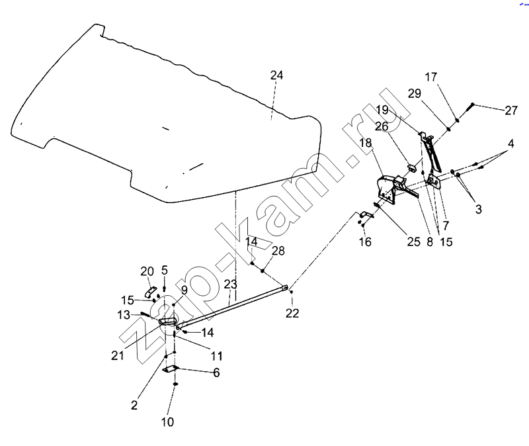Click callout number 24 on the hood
coord(276,76)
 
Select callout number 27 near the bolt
coord(510,111)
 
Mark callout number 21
coord(117,355)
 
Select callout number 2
coord(134,405)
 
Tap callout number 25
coord(413,242)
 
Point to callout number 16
coord(366,242)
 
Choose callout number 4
coord(510,144)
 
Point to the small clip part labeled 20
coord(151,292)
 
